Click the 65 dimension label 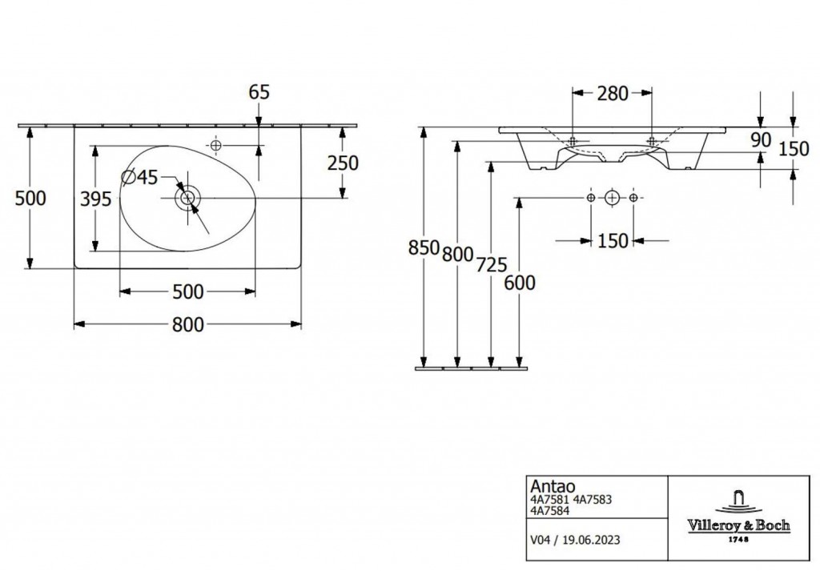pyautogui.click(x=259, y=92)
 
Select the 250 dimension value pyautogui.click(x=343, y=163)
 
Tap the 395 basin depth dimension pyautogui.click(x=96, y=199)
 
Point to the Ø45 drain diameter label pyautogui.click(x=139, y=177)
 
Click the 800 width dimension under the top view pyautogui.click(x=187, y=324)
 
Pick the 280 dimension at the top pyautogui.click(x=613, y=94)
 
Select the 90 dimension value pyautogui.click(x=761, y=140)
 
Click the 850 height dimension pyautogui.click(x=424, y=247)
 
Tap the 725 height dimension pyautogui.click(x=492, y=265)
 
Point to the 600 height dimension pyautogui.click(x=520, y=283)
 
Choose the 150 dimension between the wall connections pyautogui.click(x=613, y=241)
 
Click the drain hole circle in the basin pyautogui.click(x=187, y=198)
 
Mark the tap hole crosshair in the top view pyautogui.click(x=215, y=146)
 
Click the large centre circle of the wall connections pyautogui.click(x=612, y=198)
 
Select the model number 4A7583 pyautogui.click(x=593, y=500)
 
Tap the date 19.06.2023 pyautogui.click(x=592, y=540)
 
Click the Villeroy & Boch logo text pyautogui.click(x=738, y=525)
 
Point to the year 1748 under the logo pyautogui.click(x=738, y=539)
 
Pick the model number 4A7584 pyautogui.click(x=549, y=510)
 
